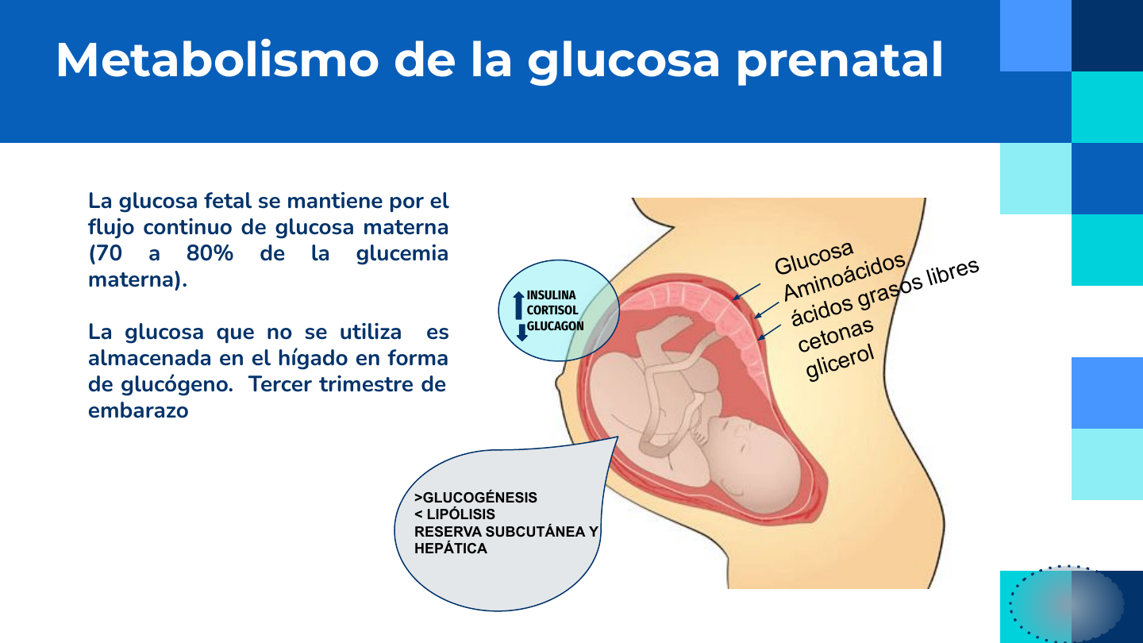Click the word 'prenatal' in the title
pyautogui.click(x=840, y=61)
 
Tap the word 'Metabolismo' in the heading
pyautogui.click(x=217, y=60)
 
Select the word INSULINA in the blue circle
pyautogui.click(x=551, y=295)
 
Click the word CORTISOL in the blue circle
pyautogui.click(x=552, y=310)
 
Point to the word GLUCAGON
pyautogui.click(x=555, y=326)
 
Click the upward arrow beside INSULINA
pyautogui.click(x=518, y=305)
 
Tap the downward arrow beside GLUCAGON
pyautogui.click(x=521, y=332)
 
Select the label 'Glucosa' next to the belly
pyautogui.click(x=814, y=258)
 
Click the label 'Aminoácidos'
pyautogui.click(x=845, y=276)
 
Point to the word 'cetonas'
pyautogui.click(x=835, y=335)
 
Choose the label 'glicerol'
pyautogui.click(x=840, y=363)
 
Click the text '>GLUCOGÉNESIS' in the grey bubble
pyautogui.click(x=475, y=498)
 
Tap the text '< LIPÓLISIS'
pyautogui.click(x=455, y=514)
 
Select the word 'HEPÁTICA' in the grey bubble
pyautogui.click(x=451, y=549)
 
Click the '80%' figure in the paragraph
pyautogui.click(x=210, y=253)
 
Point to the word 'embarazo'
pyautogui.click(x=138, y=410)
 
